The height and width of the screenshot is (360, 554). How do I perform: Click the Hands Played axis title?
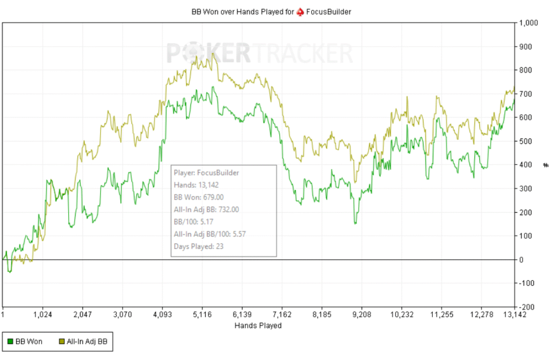[258, 326]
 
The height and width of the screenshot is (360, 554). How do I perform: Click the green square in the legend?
[10, 342]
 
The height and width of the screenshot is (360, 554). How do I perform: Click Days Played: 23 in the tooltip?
[199, 246]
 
